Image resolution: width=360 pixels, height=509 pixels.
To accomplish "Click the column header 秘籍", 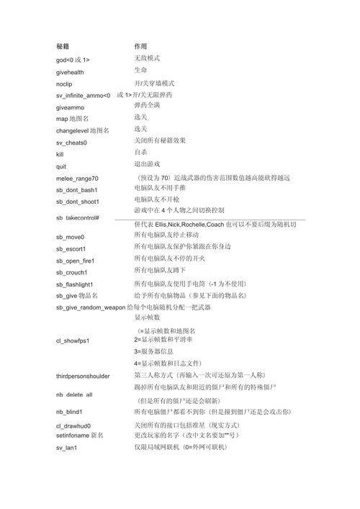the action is coord(63,45).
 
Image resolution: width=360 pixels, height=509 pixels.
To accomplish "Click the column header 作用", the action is coord(140,45).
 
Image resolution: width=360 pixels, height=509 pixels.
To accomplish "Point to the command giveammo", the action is coord(71,107).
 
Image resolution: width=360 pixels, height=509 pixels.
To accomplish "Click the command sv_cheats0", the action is coord(72,143).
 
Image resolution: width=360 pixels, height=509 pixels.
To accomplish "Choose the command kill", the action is coord(60,154).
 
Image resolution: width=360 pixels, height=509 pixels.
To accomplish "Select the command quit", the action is coord(61,166).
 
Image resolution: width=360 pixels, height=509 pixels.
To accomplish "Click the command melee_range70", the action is coord(77,178).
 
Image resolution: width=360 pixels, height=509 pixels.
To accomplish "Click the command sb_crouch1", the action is coord(73,272).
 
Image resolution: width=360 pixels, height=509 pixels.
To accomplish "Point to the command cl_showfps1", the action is coord(73,341).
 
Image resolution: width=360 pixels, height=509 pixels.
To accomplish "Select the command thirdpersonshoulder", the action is coord(83,376).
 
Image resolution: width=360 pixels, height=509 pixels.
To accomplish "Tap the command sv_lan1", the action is coord(66,448).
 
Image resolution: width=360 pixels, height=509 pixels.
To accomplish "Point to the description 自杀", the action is coord(140,153).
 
